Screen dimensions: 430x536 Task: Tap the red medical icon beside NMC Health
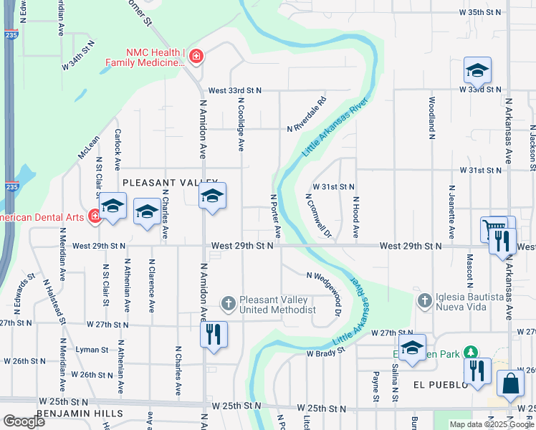click(x=196, y=57)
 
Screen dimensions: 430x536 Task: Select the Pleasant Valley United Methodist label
click(x=277, y=305)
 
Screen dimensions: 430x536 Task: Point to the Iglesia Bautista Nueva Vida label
click(x=461, y=302)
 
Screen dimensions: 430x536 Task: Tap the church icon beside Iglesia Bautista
click(x=424, y=299)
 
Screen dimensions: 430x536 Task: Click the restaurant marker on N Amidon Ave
click(x=214, y=335)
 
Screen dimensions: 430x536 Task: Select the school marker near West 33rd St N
click(x=477, y=72)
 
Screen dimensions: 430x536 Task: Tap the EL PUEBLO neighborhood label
click(x=441, y=385)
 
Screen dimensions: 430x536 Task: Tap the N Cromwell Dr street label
click(x=319, y=215)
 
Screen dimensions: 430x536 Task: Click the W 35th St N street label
click(x=482, y=13)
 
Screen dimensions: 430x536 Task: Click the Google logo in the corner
click(x=24, y=421)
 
